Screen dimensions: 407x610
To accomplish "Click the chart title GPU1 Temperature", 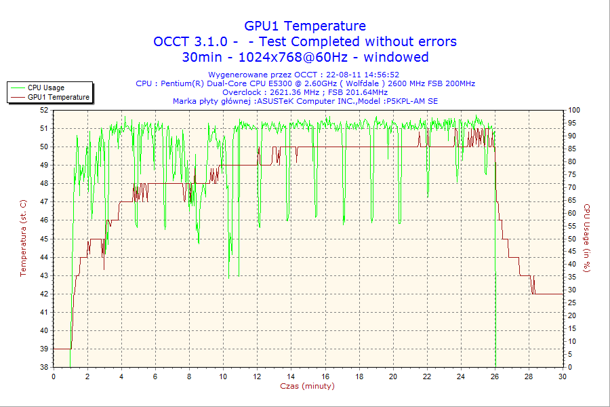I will [305, 26].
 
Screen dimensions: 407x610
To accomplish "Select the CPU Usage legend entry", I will [46, 88].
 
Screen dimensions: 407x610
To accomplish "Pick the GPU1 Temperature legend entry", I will [58, 97].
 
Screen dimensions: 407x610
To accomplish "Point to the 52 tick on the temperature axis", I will [44, 109].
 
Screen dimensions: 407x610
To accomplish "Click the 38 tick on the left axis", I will [44, 367].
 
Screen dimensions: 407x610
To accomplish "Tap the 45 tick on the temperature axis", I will [44, 238].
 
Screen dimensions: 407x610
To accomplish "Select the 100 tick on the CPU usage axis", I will [574, 109].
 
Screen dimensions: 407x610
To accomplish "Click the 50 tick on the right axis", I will [572, 238].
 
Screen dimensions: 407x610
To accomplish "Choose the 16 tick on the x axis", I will [325, 376].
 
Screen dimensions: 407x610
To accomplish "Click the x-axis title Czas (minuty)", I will [307, 386].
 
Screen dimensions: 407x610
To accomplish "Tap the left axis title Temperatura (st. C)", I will [23, 238].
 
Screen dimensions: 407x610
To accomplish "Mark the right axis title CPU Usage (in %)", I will [587, 238].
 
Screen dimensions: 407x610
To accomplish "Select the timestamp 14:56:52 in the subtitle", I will [382, 75].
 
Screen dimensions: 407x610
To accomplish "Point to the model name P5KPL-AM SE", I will [411, 100].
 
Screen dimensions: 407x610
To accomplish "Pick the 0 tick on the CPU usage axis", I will [570, 367].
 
